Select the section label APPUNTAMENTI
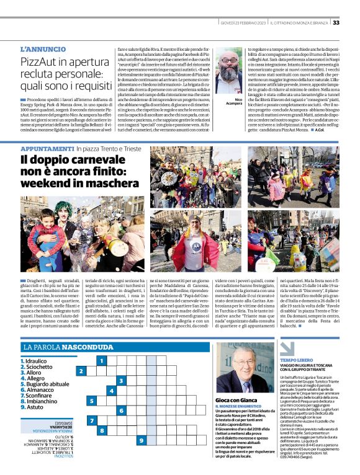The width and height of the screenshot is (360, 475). coord(47,149)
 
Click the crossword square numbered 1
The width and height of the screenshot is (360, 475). coord(101,360)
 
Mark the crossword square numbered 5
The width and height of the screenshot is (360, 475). coord(91,401)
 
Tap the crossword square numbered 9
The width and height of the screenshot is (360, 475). coord(141,441)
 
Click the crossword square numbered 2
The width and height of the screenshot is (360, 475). coord(81,371)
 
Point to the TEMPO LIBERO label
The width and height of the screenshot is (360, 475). coord(296,360)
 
